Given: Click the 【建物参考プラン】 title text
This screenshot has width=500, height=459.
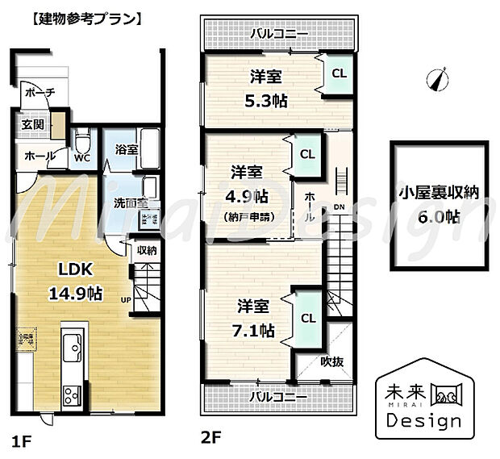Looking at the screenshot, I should (77, 16).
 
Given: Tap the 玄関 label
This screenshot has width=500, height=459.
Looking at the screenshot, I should (33, 124).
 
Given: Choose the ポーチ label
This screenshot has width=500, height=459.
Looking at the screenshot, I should (38, 94).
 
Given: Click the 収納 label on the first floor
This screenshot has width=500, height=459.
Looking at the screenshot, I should (146, 250).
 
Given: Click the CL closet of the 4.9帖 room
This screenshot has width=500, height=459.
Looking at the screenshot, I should (307, 154).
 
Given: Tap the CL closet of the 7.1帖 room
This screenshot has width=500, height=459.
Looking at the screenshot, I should (308, 317).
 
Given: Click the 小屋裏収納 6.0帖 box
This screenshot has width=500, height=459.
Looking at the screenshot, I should (440, 203).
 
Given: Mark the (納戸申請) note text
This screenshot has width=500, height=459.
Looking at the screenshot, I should (249, 217).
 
